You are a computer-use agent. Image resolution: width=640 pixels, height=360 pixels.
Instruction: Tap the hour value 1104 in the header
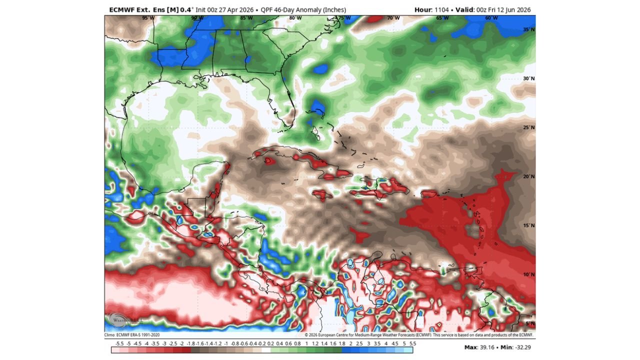pyautogui.click(x=439, y=10)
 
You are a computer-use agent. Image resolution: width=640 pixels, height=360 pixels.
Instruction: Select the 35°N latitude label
pyautogui.click(x=529, y=29)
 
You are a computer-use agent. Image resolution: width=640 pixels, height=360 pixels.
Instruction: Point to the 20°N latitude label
pyautogui.click(x=529, y=176)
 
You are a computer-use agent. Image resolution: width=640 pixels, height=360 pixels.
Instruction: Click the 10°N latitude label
pyautogui.click(x=529, y=274)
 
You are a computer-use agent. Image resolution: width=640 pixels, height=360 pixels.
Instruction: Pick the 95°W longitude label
pyautogui.click(x=148, y=18)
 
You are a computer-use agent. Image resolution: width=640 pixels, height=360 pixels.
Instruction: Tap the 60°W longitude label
pyautogui.click(x=491, y=18)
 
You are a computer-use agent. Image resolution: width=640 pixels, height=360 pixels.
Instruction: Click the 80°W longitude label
pyautogui.click(x=295, y=18)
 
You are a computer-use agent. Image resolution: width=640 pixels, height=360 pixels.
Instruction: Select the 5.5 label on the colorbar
pyautogui.click(x=413, y=343)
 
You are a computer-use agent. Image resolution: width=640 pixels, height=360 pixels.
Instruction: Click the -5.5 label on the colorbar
pyautogui.click(x=119, y=343)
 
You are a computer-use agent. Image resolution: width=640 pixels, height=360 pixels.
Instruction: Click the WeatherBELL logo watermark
pyautogui.click(x=118, y=320)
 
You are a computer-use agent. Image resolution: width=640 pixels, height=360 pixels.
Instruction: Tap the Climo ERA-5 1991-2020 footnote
pyautogui.click(x=132, y=335)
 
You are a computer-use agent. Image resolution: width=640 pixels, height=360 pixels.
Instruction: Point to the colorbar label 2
pyautogui.click(x=350, y=343)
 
